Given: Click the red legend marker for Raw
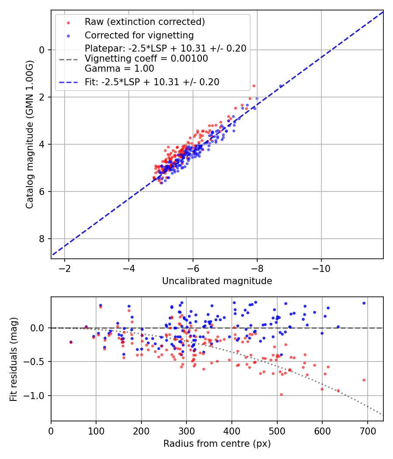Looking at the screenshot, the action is click(x=69, y=23).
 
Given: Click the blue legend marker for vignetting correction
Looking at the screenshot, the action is click(x=69, y=36).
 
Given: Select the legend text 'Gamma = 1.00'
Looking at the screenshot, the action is click(x=119, y=69).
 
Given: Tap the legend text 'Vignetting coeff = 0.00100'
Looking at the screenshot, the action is click(x=146, y=59).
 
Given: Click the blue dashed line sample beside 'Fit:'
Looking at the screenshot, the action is click(x=69, y=83).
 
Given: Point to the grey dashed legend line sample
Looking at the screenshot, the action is click(x=69, y=60).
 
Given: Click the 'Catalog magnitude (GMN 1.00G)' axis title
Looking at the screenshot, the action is click(x=30, y=134).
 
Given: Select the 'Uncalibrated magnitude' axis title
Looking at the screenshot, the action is click(x=217, y=281).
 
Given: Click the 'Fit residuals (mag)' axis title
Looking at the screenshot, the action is click(x=14, y=359).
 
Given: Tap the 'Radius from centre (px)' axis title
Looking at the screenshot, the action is click(x=217, y=444).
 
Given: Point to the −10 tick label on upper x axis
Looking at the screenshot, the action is click(x=321, y=268).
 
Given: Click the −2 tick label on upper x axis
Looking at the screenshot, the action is click(x=65, y=268).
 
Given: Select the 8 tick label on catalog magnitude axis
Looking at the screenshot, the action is click(x=41, y=239).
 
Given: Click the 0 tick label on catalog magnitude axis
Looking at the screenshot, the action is click(x=41, y=50).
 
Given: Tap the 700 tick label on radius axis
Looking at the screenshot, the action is click(x=367, y=431).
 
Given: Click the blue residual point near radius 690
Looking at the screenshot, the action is click(x=364, y=303).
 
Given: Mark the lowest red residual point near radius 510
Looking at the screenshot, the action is click(x=281, y=395).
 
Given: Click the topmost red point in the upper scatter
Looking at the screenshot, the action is click(x=254, y=86).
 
